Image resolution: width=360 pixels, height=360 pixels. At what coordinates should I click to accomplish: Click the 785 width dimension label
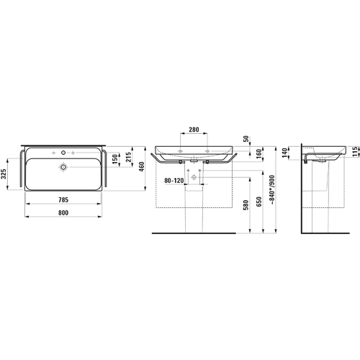point(63,199)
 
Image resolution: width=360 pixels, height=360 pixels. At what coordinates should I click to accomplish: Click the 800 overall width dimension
point(63,212)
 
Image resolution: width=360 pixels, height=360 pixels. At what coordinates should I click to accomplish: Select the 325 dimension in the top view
point(4,174)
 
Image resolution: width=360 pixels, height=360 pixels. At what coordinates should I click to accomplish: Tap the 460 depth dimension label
point(142,166)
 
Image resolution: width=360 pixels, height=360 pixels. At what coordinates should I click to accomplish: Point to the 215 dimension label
point(128,157)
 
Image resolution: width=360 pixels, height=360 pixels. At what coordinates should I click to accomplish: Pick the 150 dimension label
point(115,159)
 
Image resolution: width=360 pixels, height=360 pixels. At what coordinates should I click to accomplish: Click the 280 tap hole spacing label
point(194,130)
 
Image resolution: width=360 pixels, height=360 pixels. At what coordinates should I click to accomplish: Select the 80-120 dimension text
point(174,181)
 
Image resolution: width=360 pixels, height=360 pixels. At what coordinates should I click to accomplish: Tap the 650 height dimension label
point(258,202)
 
